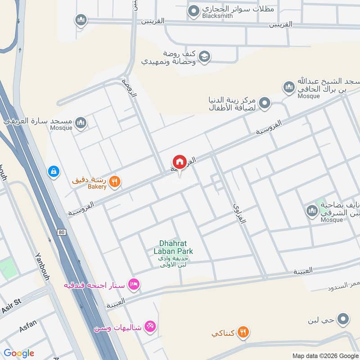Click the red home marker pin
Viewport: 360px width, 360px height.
click(179, 162)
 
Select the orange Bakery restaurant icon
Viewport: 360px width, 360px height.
click(115, 181)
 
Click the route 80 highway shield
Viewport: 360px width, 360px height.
click(61, 232)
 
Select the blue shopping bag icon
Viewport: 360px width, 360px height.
click(54, 171)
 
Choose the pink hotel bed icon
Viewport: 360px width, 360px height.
click(134, 284)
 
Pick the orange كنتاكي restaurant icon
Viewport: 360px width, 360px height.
click(243, 333)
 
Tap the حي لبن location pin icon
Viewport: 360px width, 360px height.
click(343, 319)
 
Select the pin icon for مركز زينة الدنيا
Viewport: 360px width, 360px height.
click(265, 103)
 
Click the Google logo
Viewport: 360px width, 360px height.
click(19, 353)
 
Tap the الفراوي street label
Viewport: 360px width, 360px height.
click(241, 213)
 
